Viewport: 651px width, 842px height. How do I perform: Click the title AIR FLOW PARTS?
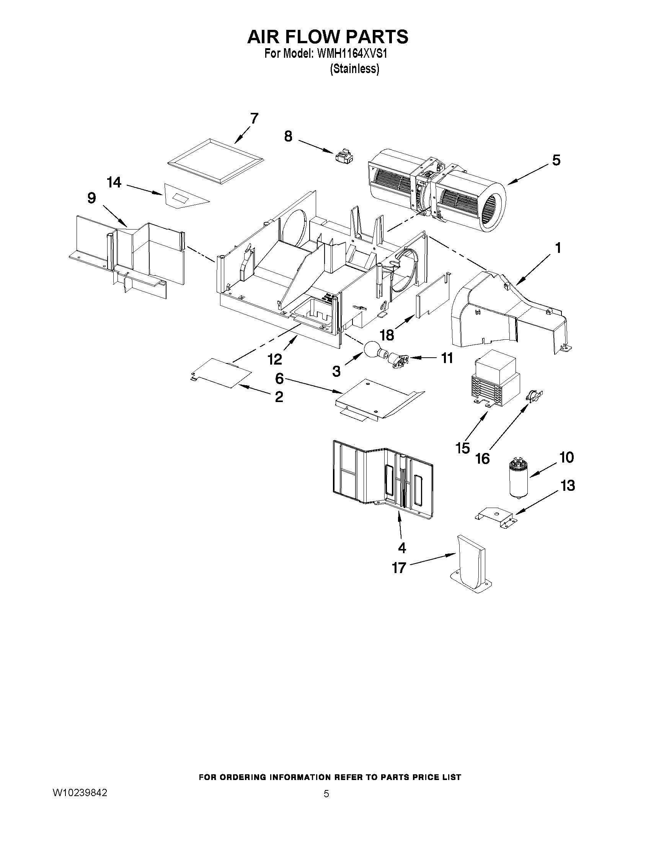pos(328,37)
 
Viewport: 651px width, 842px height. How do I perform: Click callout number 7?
pos(254,118)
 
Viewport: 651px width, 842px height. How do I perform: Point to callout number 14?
pos(114,182)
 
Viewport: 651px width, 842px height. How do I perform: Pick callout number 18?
pos(387,335)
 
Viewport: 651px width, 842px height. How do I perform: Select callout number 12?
pos(275,359)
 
